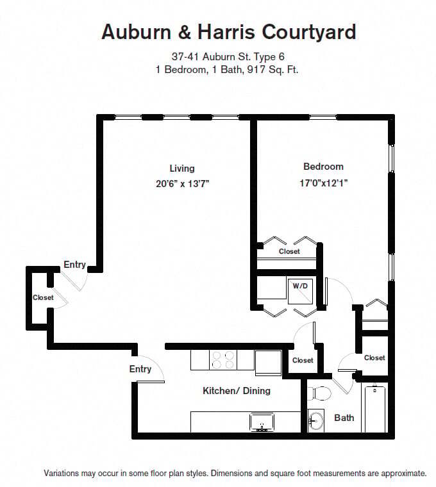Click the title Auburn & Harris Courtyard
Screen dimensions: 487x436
(x=228, y=31)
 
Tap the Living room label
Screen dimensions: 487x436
(x=181, y=169)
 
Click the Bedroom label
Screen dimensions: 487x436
(x=323, y=167)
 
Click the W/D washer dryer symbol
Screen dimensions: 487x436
(x=300, y=286)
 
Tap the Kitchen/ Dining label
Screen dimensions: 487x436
(x=237, y=391)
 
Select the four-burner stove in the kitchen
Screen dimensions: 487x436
(x=222, y=360)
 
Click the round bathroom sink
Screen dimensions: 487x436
(x=316, y=421)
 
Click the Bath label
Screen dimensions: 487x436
(x=344, y=418)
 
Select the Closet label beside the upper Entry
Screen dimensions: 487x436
(x=43, y=298)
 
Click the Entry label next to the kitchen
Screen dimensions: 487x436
(x=140, y=369)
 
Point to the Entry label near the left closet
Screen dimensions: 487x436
(x=74, y=265)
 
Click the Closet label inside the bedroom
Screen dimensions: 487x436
(x=289, y=252)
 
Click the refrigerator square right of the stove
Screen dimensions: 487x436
(x=268, y=362)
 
